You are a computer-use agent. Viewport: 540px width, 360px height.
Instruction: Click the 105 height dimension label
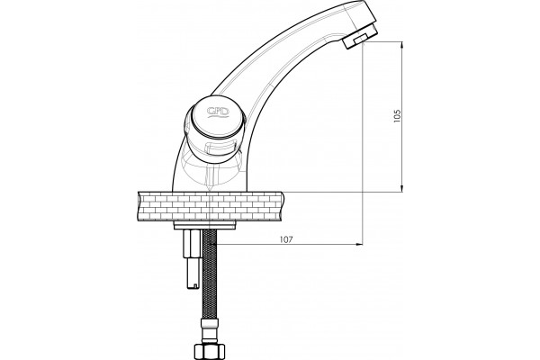click(398, 116)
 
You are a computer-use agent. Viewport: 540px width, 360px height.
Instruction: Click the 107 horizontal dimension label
click(286, 239)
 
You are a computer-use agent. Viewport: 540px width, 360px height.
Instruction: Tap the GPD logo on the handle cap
click(218, 112)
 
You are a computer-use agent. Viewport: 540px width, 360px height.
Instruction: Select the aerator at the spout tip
click(361, 39)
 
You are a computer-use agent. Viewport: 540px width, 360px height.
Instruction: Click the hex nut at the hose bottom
click(210, 350)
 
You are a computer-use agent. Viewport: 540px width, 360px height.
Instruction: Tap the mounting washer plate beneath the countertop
click(205, 226)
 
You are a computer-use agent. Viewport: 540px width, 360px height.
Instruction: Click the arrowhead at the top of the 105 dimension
click(402, 45)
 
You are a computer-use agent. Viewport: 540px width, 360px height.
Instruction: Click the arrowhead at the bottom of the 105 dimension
click(402, 188)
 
